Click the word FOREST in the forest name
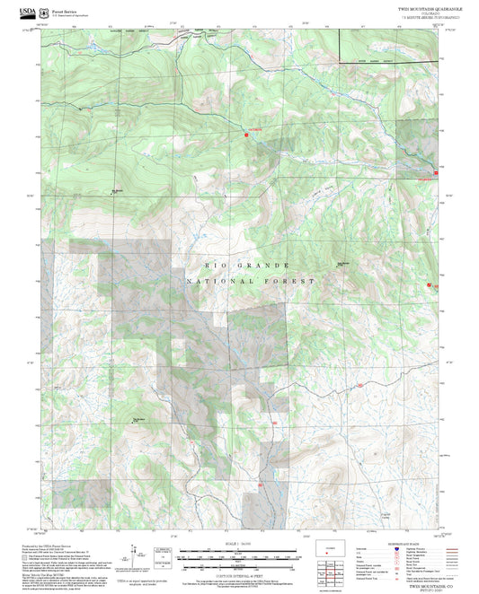[x=289, y=282]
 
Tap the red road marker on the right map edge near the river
[x=437, y=170]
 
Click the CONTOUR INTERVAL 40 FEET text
[x=239, y=561]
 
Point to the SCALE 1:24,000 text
[x=239, y=543]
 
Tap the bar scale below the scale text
[x=239, y=551]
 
